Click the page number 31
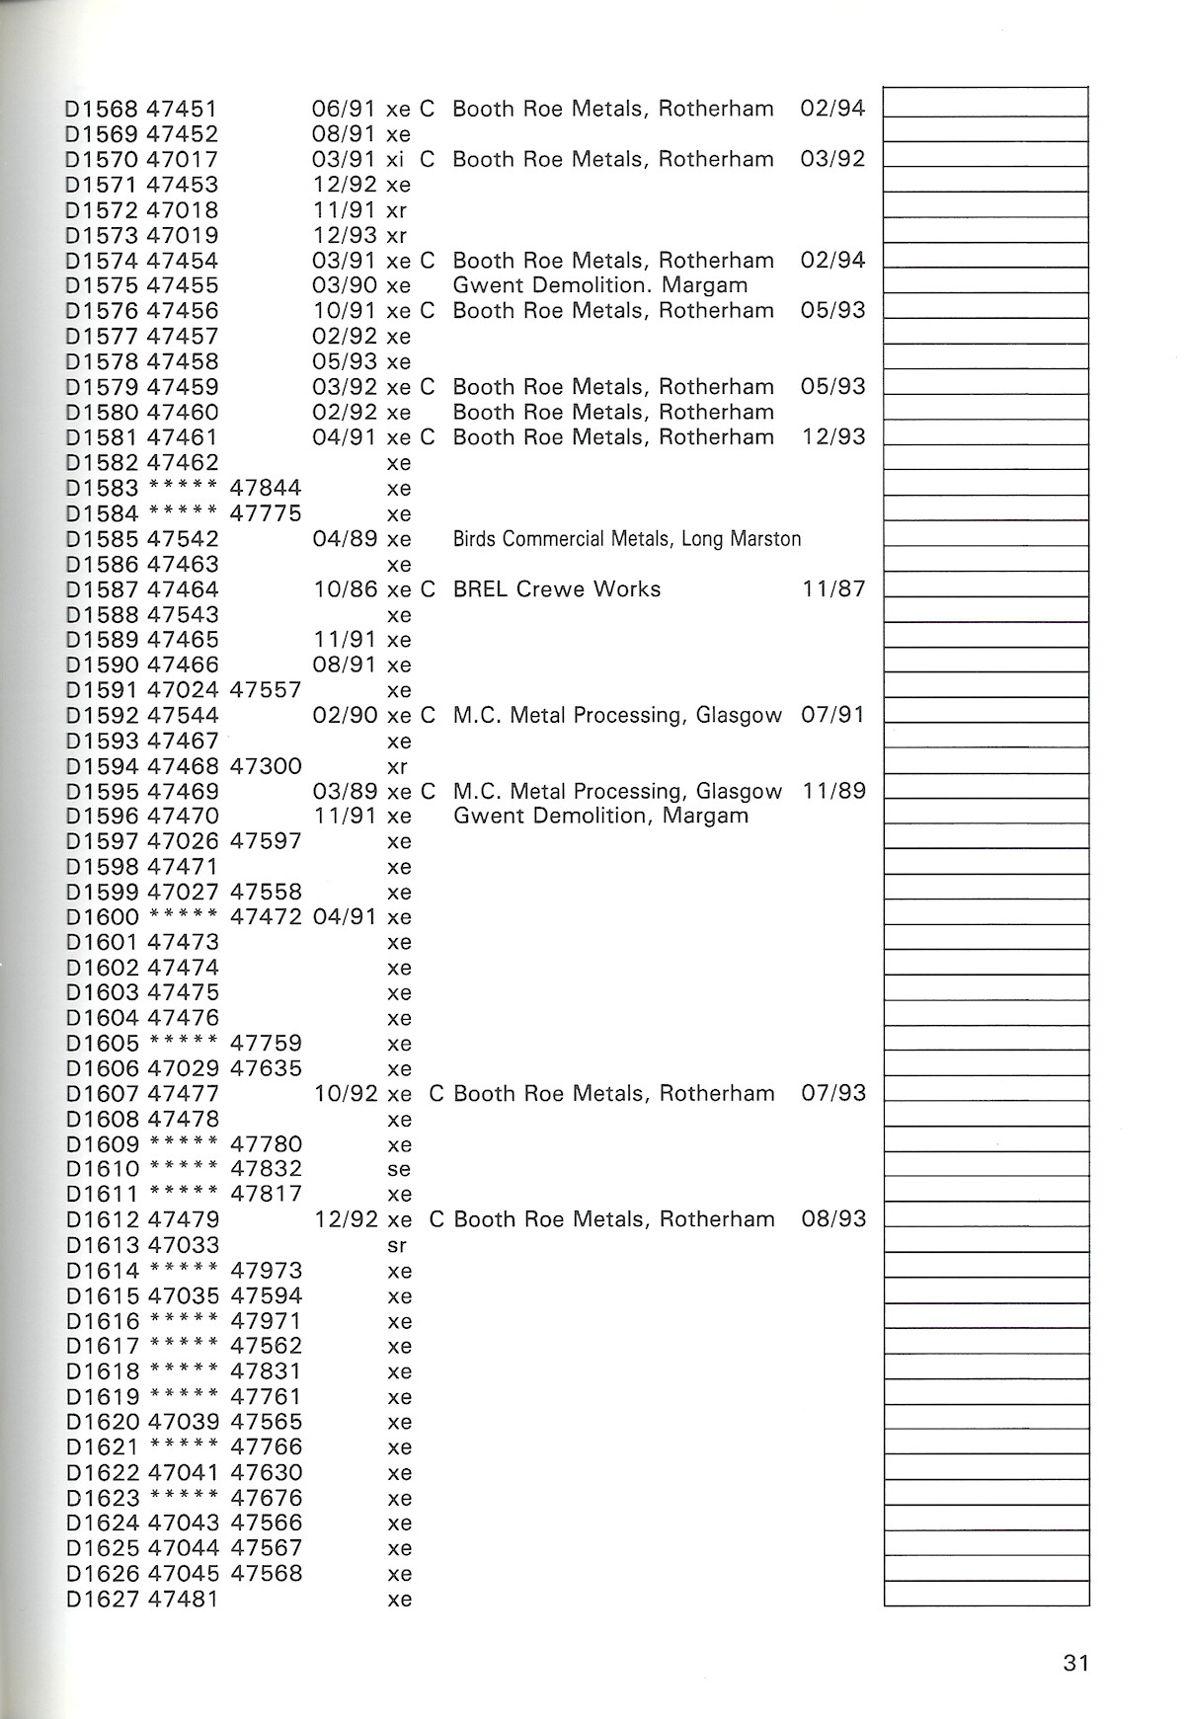click(x=1075, y=1663)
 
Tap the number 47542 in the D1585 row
click(x=183, y=539)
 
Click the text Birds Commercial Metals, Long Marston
click(x=627, y=539)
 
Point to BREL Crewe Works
click(x=556, y=589)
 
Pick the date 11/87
click(x=833, y=589)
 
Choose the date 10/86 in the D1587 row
click(x=345, y=589)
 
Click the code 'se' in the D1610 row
click(x=399, y=1169)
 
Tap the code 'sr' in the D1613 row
click(x=397, y=1245)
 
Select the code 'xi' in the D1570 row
click(x=397, y=159)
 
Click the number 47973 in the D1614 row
click(x=266, y=1271)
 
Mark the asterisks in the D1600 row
click(x=183, y=916)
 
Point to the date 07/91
click(x=833, y=715)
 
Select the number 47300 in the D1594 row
click(x=266, y=766)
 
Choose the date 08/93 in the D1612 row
click(x=833, y=1219)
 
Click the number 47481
click(x=183, y=1600)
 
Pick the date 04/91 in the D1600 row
click(x=345, y=916)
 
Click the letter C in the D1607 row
click(x=436, y=1094)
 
